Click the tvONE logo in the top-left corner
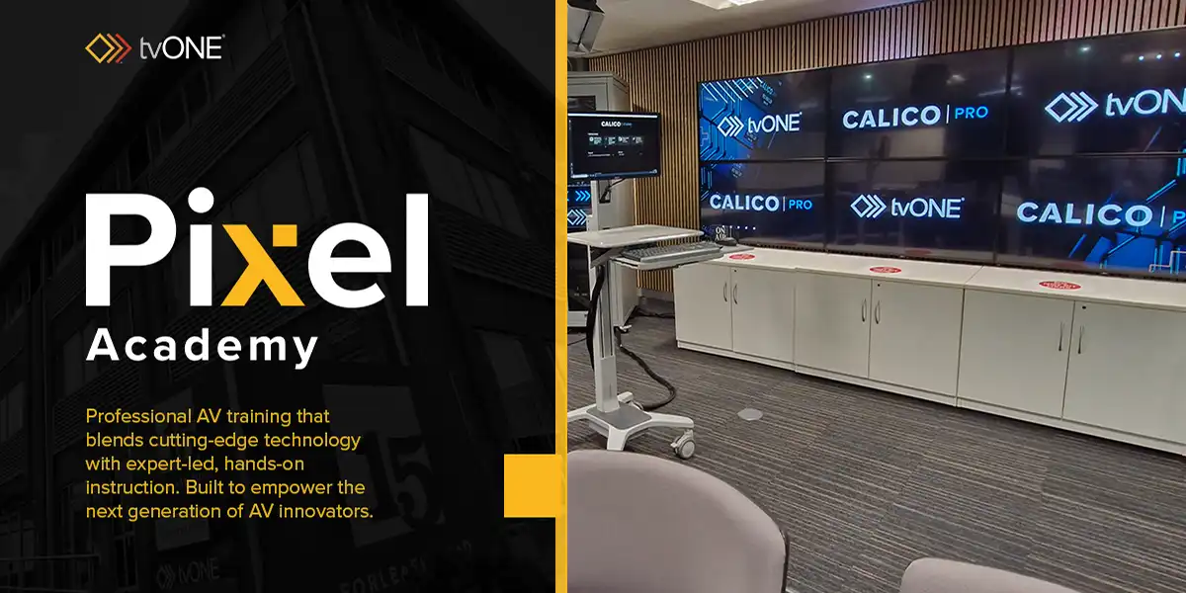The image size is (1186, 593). [154, 47]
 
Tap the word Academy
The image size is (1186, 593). [202, 346]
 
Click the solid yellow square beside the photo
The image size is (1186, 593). [530, 486]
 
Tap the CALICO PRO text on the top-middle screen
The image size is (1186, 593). [914, 117]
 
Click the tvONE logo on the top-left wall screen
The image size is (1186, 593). [758, 124]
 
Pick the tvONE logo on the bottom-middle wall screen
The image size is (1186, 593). [906, 207]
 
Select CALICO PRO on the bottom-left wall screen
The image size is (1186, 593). [760, 203]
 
